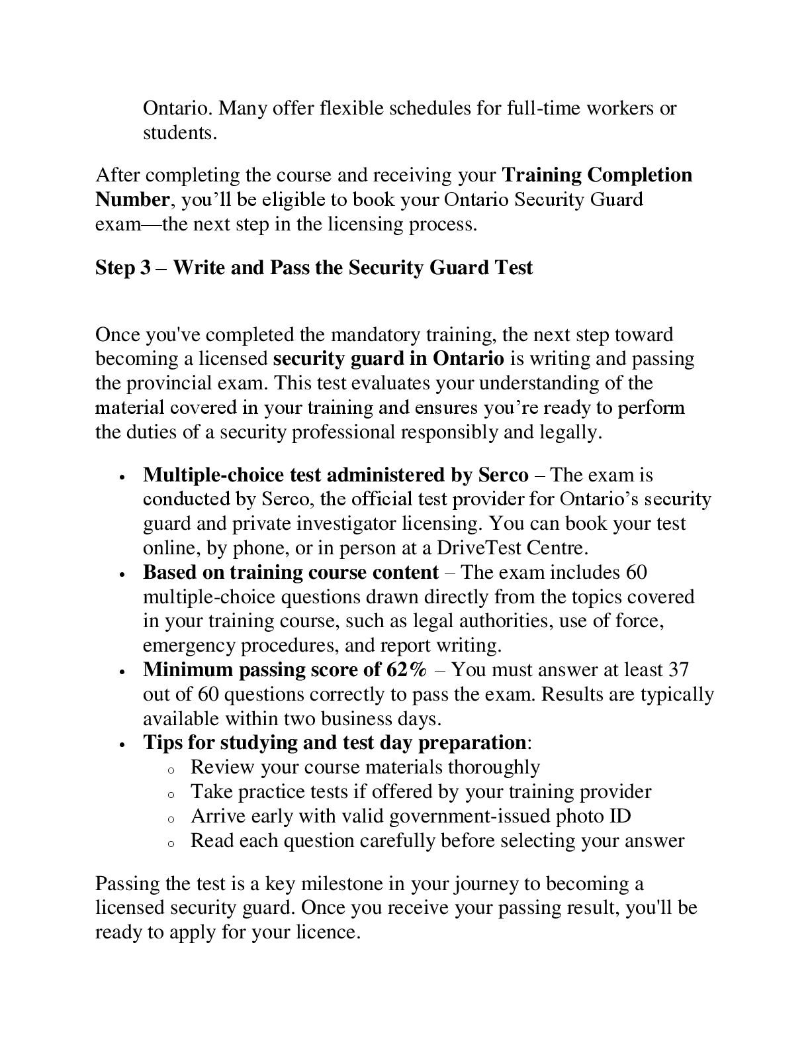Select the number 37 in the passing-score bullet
[678, 670]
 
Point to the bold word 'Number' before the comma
[132, 199]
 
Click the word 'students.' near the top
[180, 132]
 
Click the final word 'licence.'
[328, 932]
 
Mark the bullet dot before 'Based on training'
[123, 574]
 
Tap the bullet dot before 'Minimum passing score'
[123, 671]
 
